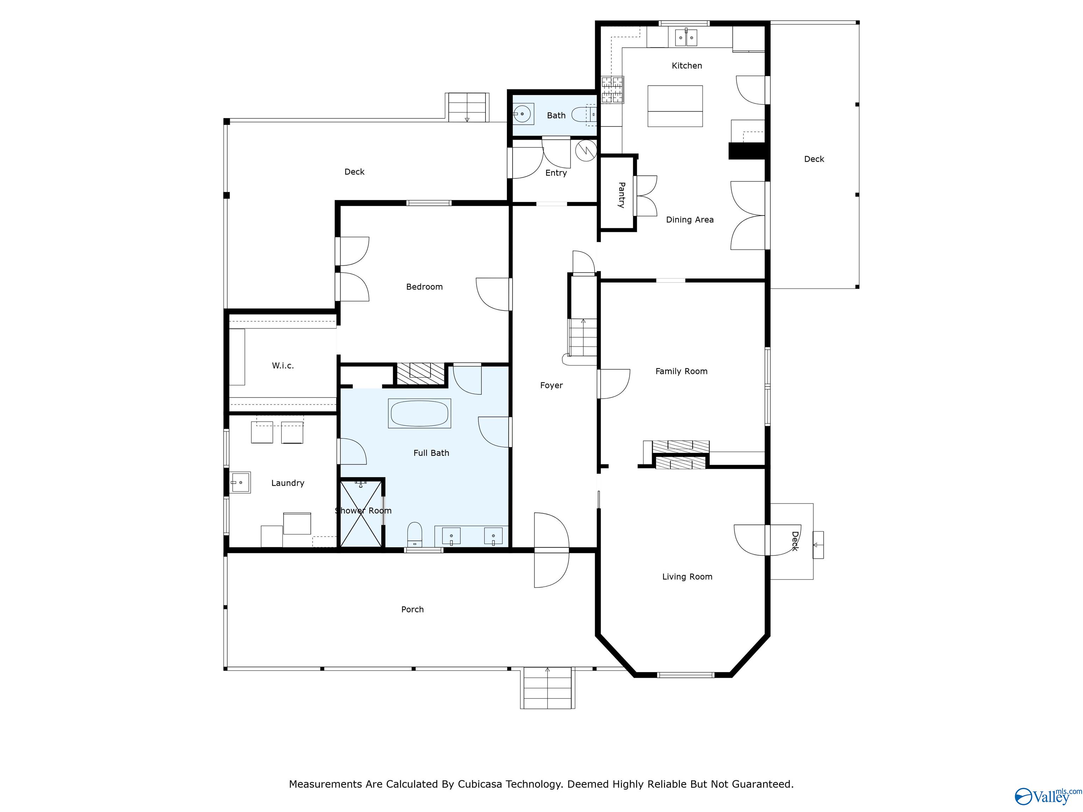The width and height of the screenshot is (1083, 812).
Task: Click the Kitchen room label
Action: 686,66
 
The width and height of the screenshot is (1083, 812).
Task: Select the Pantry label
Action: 621,195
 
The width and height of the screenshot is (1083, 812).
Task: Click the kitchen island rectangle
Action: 675,106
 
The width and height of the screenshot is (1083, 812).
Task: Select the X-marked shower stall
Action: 361,514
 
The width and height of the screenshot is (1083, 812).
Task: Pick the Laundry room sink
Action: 240,482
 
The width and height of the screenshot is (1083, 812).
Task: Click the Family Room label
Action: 681,371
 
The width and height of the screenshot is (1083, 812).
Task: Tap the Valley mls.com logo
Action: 1047,796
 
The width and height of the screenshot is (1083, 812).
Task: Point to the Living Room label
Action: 687,577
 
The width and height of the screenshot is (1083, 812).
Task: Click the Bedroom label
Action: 424,287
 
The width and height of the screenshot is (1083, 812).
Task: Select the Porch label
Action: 412,609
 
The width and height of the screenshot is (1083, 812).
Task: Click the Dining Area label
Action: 689,220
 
